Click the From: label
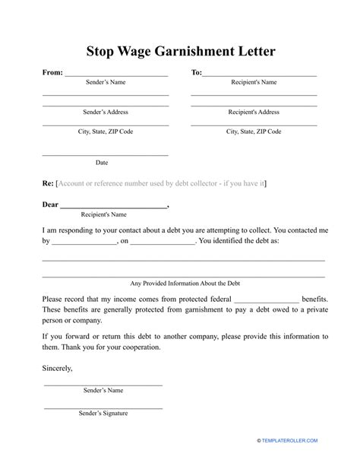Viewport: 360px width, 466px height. click(x=52, y=73)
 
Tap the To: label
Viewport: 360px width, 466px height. click(x=196, y=73)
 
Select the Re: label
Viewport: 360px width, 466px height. click(x=48, y=183)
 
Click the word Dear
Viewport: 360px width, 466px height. click(x=49, y=204)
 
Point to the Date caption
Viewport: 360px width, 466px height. click(x=102, y=162)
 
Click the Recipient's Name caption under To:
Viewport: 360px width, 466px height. click(x=254, y=82)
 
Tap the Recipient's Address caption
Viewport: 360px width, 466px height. click(x=254, y=112)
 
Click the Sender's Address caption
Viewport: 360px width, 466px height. click(x=105, y=112)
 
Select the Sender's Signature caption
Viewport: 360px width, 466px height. click(x=103, y=414)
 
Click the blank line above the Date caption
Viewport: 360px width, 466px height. click(x=102, y=154)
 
